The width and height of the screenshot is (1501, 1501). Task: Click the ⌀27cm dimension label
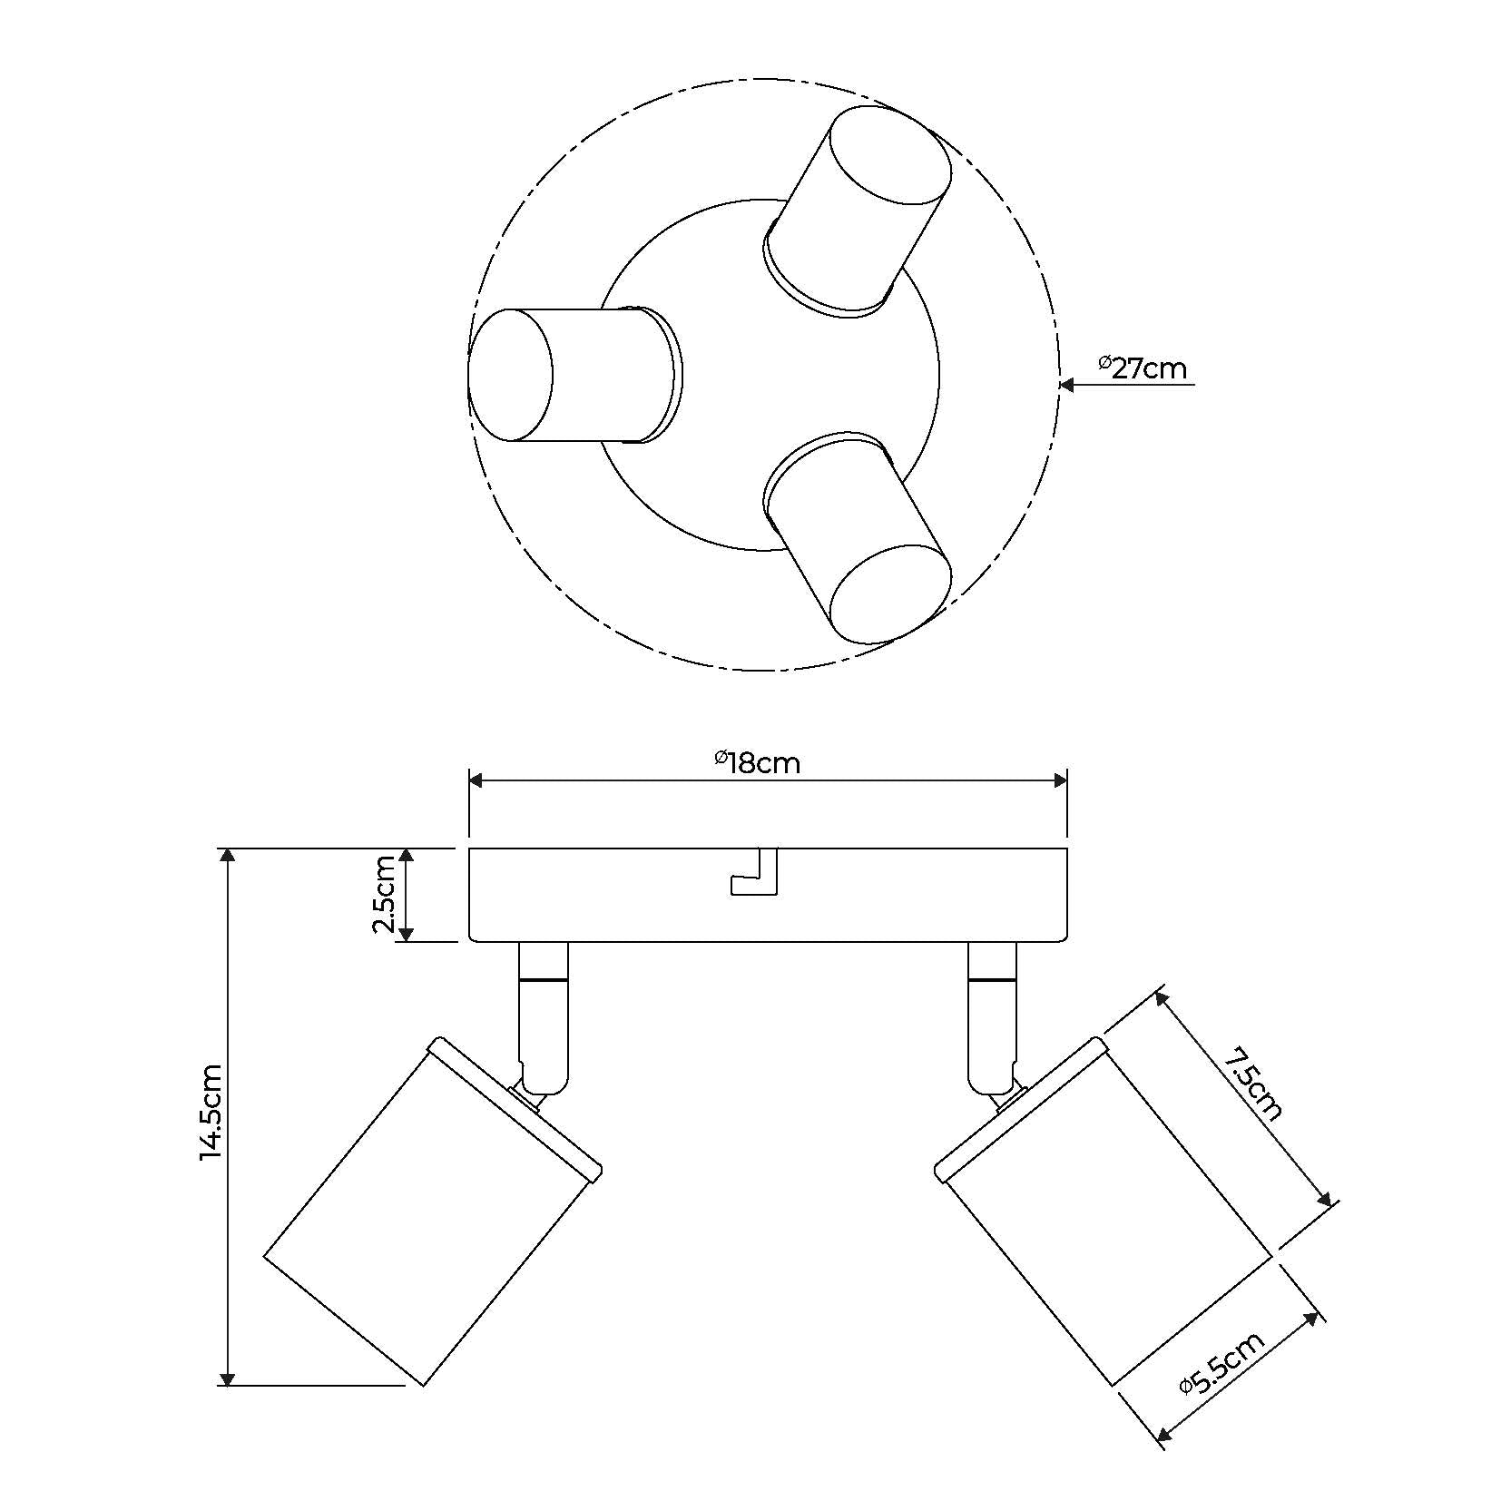[x=1141, y=368]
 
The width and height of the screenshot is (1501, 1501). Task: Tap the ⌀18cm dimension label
[x=757, y=762]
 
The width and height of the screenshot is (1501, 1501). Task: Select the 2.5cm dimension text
[x=384, y=894]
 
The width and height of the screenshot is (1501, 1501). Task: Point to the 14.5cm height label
[x=211, y=1113]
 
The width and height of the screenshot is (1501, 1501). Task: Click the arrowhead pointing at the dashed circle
[x=1068, y=385]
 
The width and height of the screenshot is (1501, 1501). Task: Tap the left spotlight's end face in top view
[x=510, y=375]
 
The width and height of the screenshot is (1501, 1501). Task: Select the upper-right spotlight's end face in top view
[x=890, y=155]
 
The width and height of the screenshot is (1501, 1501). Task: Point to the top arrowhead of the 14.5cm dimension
[x=228, y=855]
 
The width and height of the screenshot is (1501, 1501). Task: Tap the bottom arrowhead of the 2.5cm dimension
[x=407, y=934]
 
